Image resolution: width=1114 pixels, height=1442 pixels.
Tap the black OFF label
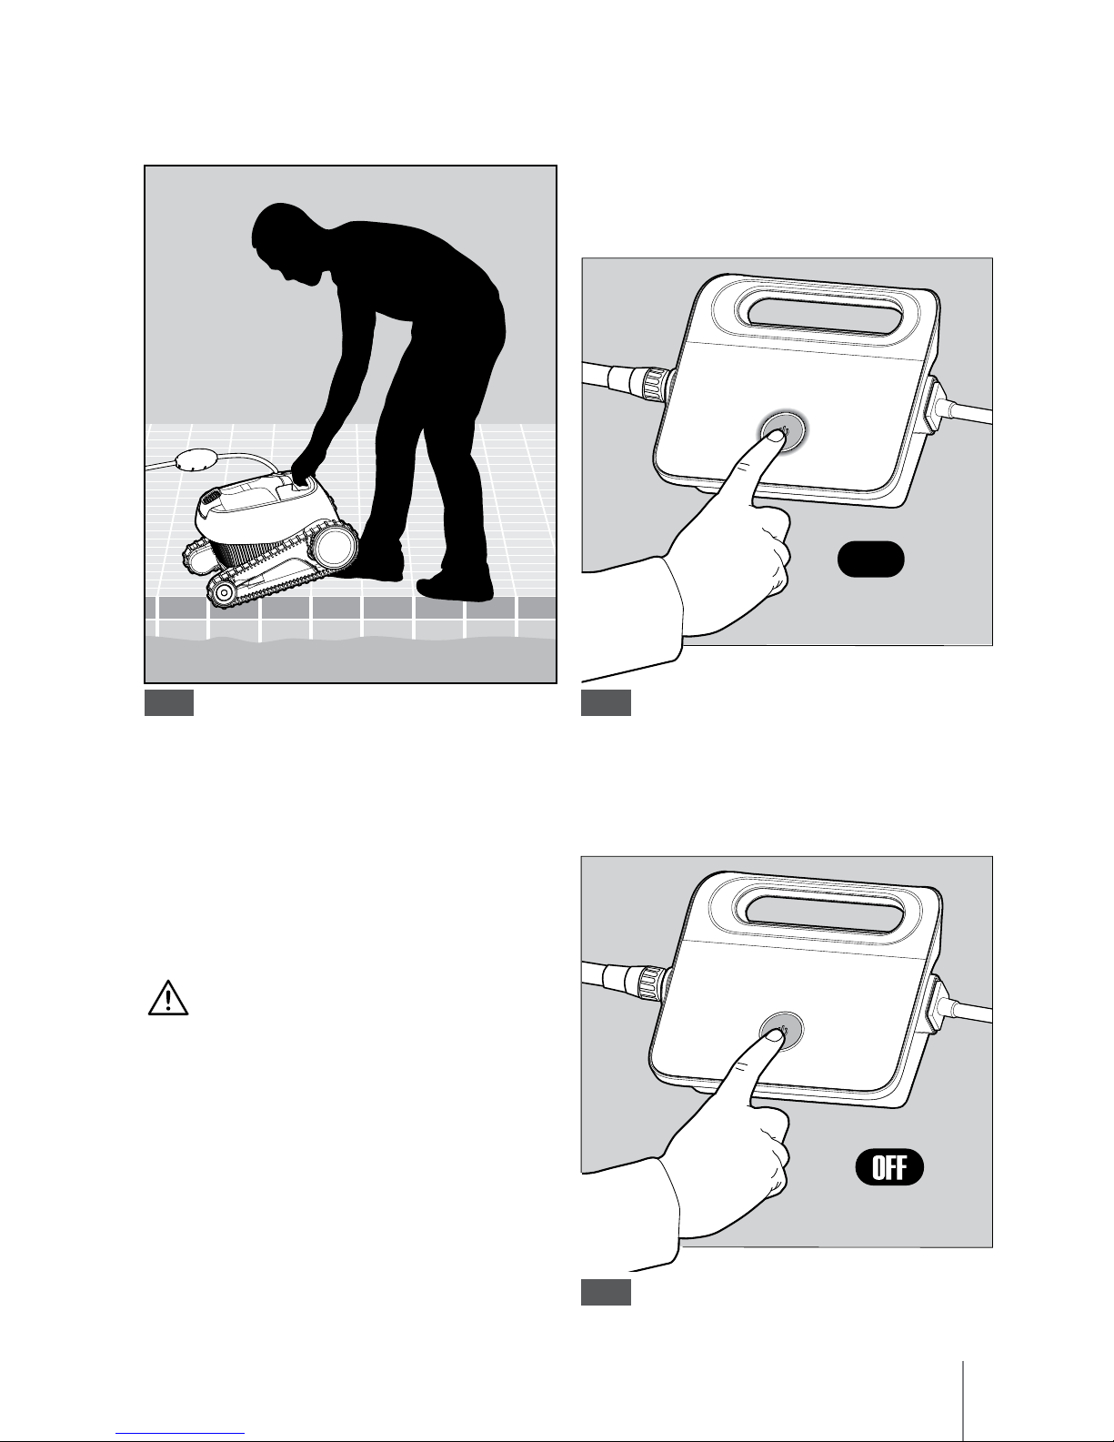click(889, 1167)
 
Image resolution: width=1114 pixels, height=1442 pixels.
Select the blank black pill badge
click(870, 559)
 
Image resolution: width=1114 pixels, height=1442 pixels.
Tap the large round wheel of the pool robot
click(336, 545)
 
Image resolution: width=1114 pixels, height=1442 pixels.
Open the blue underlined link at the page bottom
click(180, 1433)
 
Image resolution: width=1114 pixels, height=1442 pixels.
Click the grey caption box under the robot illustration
click(169, 702)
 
